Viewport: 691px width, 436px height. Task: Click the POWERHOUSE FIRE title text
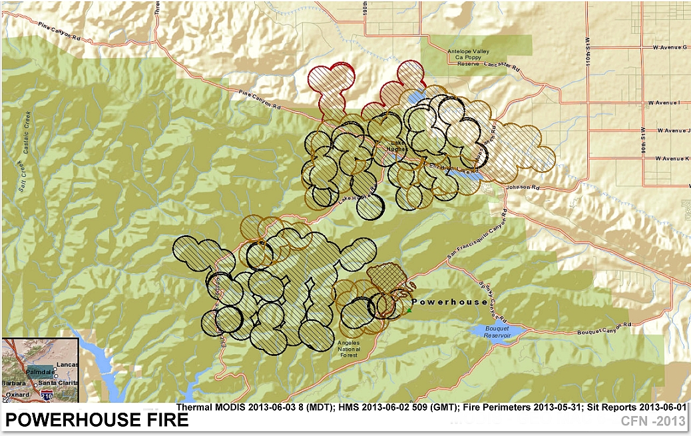(x=97, y=421)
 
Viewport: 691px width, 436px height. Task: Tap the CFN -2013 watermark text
(x=652, y=421)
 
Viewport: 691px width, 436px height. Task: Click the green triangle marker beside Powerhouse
(x=409, y=310)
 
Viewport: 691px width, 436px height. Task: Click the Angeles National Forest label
(x=348, y=349)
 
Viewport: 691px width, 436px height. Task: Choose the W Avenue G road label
(x=670, y=47)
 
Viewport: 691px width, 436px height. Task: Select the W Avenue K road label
(x=670, y=158)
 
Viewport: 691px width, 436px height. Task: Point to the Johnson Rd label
(x=520, y=187)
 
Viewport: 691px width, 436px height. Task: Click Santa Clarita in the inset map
(x=57, y=383)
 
